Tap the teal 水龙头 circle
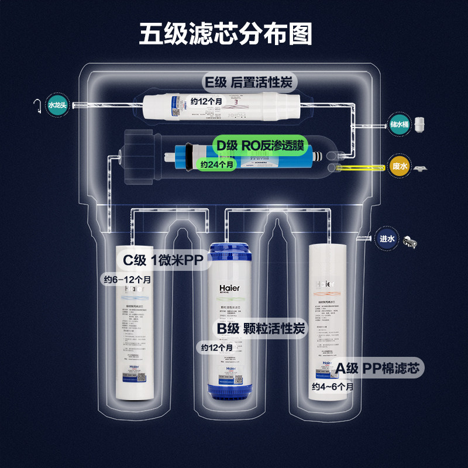coord(57,104)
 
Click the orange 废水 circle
coord(400,166)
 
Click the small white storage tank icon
coord(419,124)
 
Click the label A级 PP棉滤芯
coord(378,368)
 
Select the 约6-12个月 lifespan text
coord(127,280)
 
